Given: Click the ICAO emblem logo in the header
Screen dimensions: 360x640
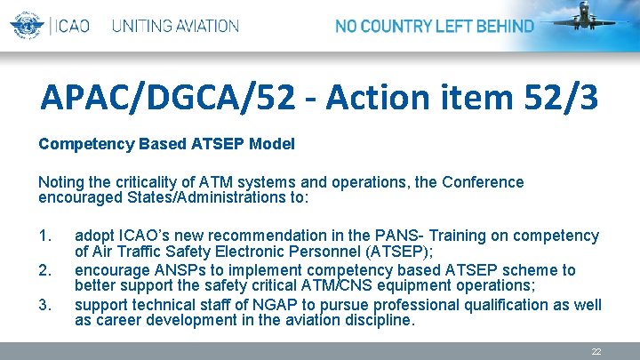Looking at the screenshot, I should point(27,25).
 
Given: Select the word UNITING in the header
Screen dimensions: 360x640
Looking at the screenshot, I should point(142,26).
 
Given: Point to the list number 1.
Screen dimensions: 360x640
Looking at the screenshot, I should point(47,236).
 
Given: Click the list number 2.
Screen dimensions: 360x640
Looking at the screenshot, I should point(47,269).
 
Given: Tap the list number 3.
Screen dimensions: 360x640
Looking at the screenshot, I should point(47,304).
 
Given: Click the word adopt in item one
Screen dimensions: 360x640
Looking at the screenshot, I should point(93,236).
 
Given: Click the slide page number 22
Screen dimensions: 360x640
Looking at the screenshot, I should point(596,352).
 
